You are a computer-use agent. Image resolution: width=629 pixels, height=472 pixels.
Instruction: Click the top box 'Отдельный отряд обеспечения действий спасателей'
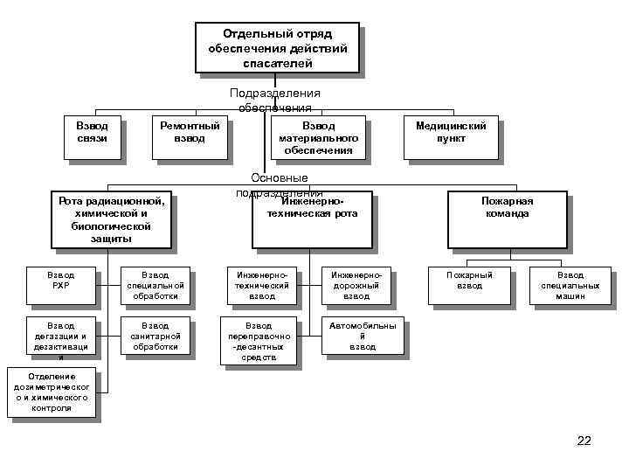[277, 48]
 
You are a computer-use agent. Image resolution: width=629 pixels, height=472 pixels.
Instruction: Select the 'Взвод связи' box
[92, 137]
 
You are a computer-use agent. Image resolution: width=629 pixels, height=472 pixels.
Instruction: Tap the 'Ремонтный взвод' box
[190, 137]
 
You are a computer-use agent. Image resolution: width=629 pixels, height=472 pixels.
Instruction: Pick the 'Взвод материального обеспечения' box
[318, 137]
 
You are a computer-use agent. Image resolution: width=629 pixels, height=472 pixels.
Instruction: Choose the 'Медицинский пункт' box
[451, 137]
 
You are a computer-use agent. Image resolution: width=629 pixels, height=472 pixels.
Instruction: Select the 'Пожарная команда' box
[507, 219]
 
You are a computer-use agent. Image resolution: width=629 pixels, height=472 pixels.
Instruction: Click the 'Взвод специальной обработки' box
[155, 285]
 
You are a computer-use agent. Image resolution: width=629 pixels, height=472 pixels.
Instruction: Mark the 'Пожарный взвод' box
[469, 285]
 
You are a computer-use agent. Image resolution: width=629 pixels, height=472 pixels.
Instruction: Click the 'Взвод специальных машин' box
[570, 285]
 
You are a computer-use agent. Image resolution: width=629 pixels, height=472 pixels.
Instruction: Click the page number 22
[584, 441]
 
